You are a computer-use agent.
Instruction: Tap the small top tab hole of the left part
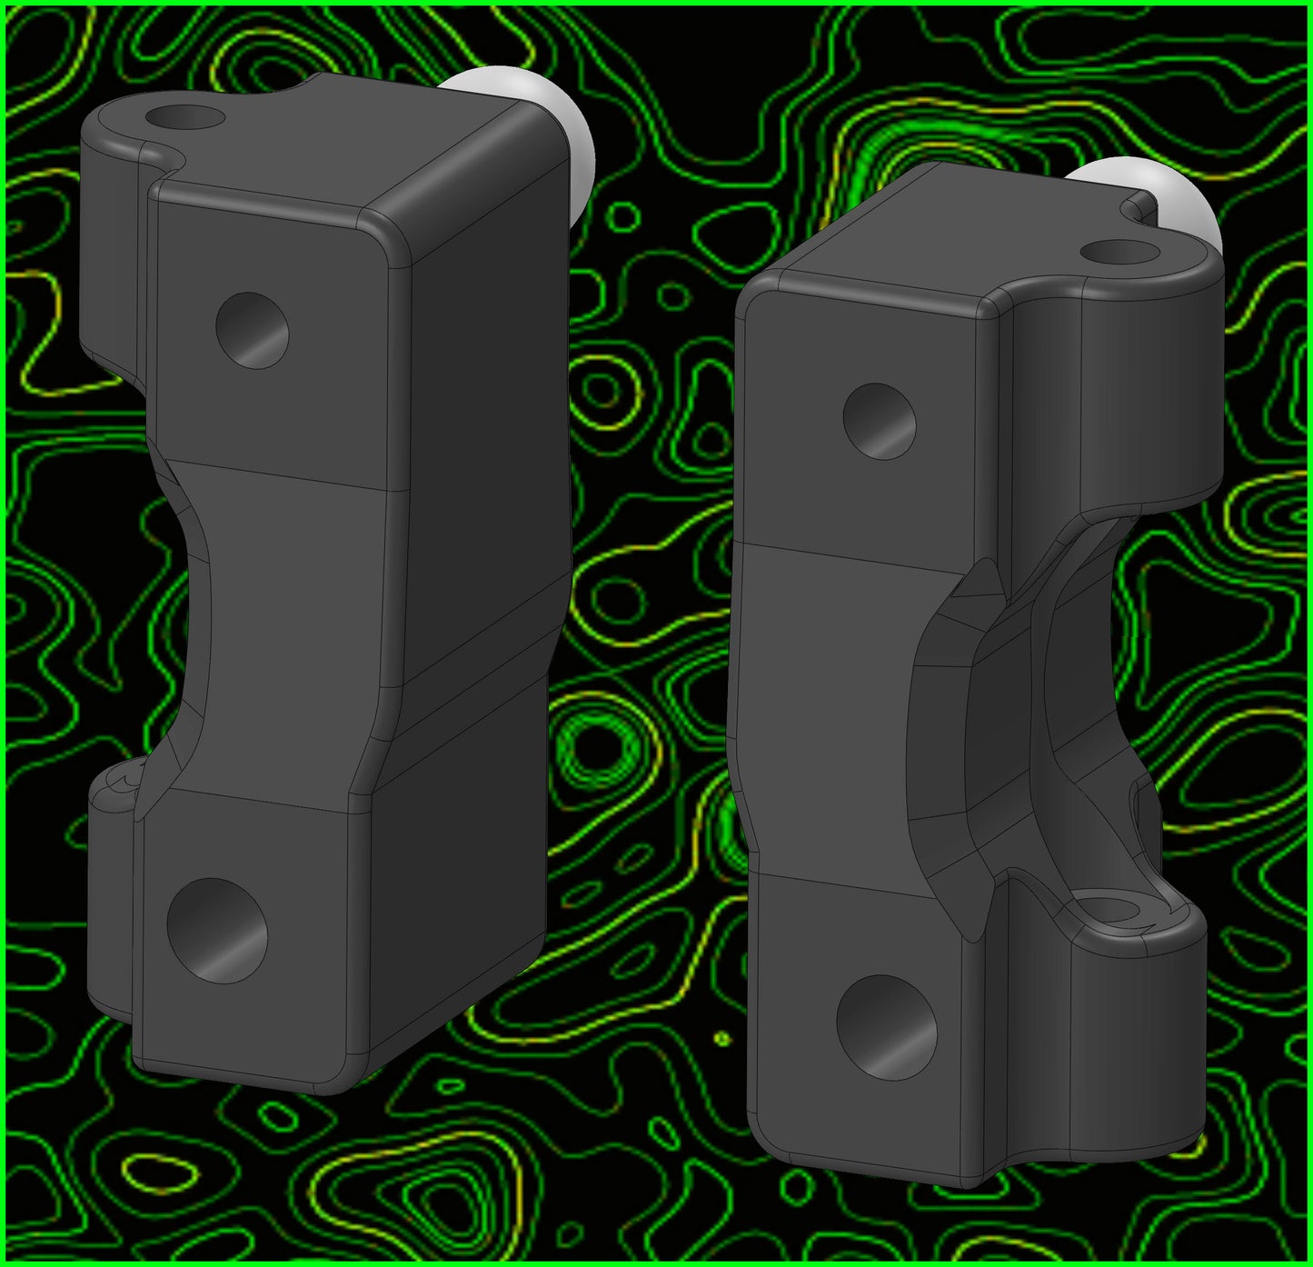click(x=184, y=117)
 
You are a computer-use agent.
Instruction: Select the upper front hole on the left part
click(x=252, y=330)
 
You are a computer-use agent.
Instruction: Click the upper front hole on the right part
click(x=879, y=421)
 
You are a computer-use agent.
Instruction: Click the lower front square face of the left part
click(x=245, y=927)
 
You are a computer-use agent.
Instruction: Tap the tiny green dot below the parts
click(x=722, y=1037)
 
